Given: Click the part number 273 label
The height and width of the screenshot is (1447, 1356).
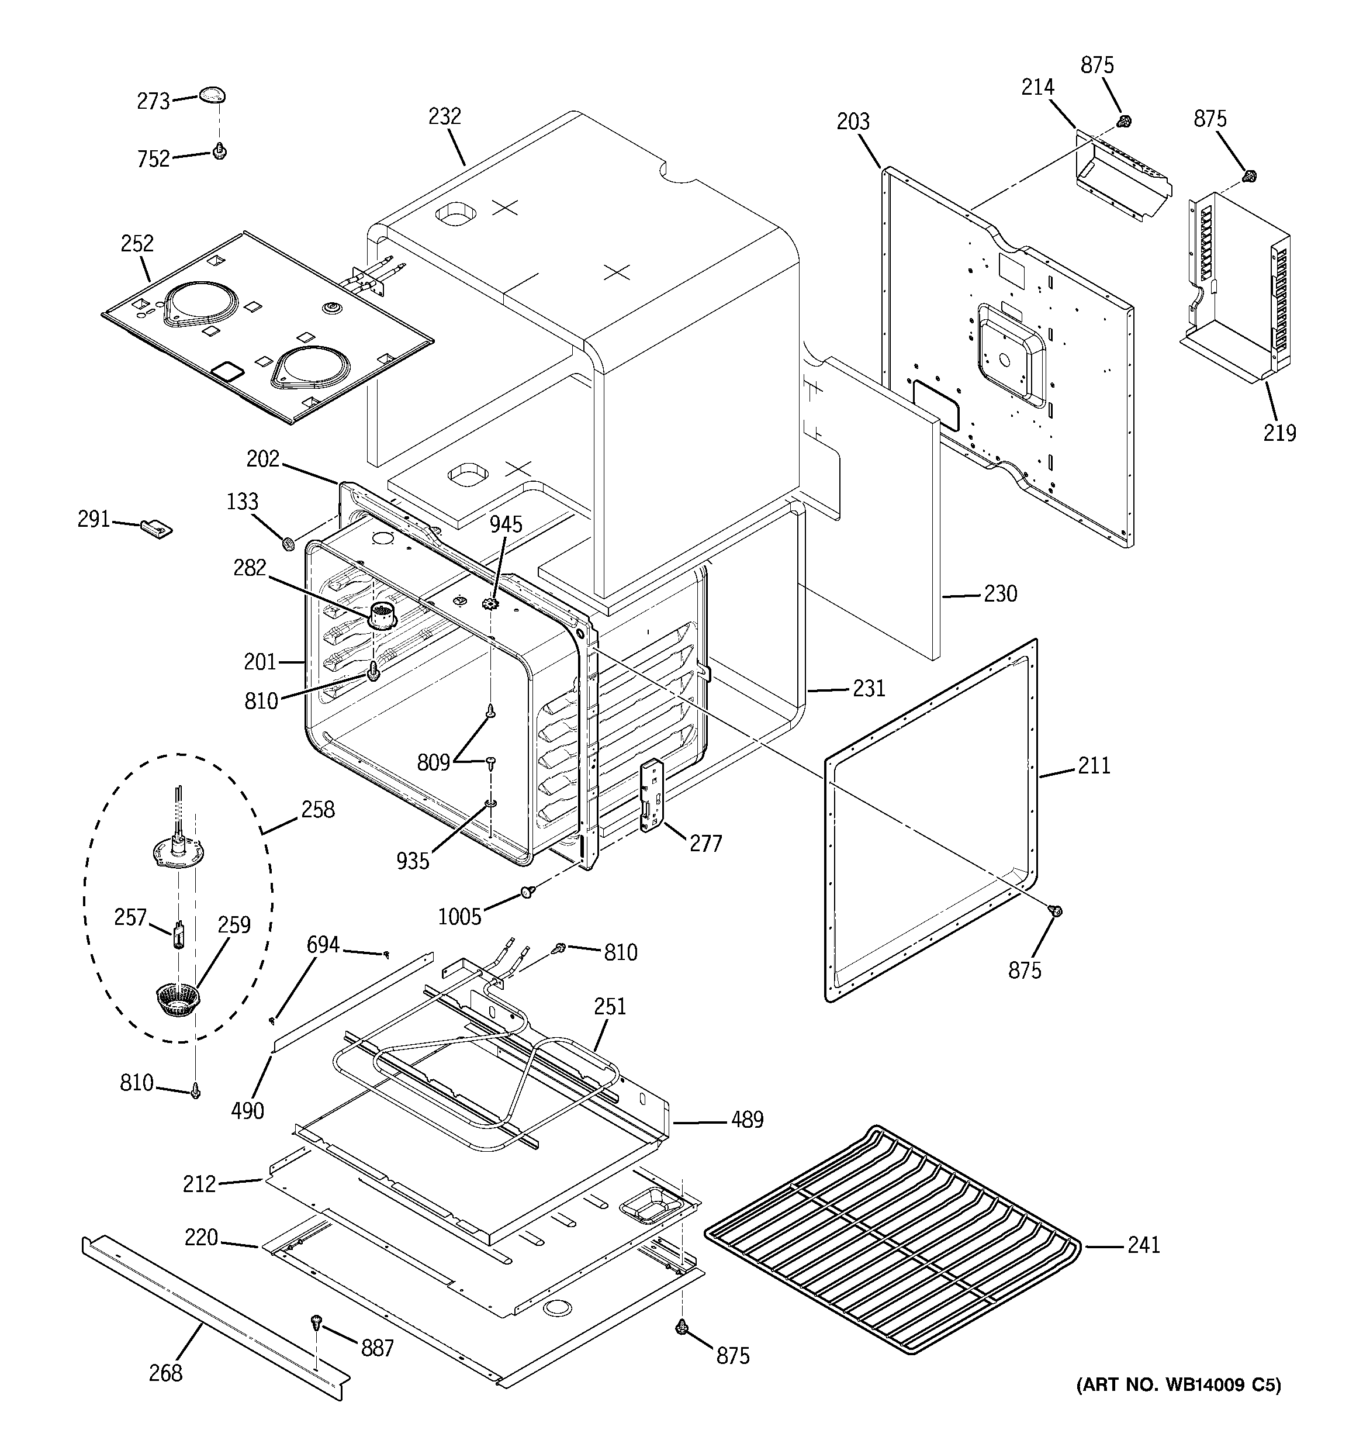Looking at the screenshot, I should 153,101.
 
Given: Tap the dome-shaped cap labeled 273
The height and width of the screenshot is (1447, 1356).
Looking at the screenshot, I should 212,95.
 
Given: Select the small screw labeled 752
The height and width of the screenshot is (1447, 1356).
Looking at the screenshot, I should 219,151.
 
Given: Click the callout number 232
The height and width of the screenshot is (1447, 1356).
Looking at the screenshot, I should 445,116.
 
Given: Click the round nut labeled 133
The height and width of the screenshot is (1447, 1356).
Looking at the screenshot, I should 288,543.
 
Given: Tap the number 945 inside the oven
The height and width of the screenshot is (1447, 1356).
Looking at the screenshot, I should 505,524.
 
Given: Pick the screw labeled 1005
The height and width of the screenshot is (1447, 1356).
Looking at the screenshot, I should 527,892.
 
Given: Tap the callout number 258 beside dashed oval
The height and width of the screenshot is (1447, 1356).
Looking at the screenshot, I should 318,809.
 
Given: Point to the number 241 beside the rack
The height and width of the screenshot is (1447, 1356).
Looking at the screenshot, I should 1143,1245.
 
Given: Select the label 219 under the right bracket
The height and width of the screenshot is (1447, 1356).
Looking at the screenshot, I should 1279,433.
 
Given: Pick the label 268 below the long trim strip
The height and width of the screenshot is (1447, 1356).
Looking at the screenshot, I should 165,1373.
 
